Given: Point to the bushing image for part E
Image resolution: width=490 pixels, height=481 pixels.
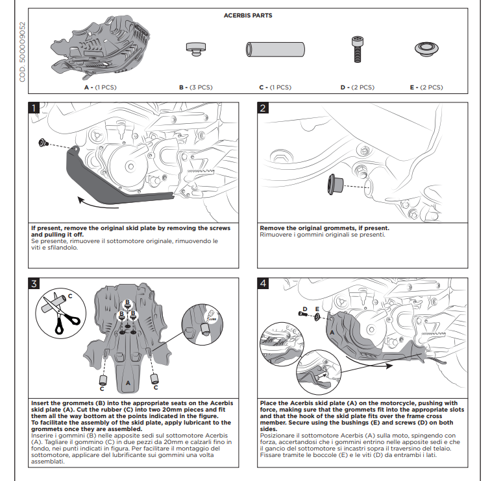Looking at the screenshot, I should point(427,49).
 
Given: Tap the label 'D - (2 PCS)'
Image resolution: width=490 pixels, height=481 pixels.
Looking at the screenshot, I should point(358,87).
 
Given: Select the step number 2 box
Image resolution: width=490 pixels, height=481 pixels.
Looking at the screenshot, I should point(262,108).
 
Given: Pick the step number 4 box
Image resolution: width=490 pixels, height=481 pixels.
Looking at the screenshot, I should point(262,283).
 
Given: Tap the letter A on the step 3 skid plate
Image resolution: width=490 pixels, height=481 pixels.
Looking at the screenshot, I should point(128,382).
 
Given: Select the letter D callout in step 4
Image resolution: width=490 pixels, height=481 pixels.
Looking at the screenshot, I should point(305,309).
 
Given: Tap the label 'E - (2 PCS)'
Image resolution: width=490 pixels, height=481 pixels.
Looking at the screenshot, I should point(426,87).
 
